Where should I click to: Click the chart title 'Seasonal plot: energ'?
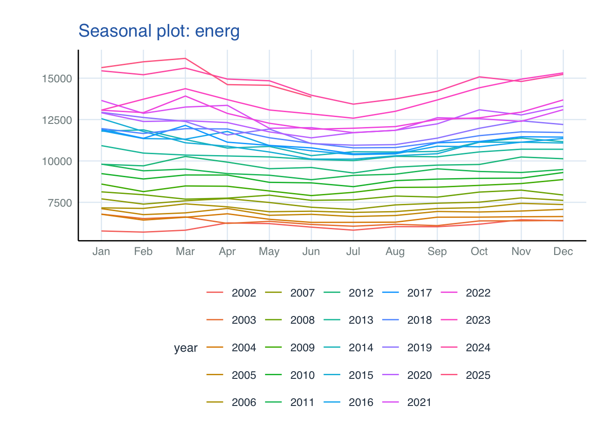pos(159,31)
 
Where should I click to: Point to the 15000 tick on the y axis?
pos(57,79)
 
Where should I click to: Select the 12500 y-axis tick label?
pos(57,120)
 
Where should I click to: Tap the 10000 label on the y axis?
pos(57,161)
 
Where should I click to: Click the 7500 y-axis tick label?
pos(60,203)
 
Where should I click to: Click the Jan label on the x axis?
pos(101,252)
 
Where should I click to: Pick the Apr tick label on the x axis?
pos(227,252)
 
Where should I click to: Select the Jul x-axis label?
pos(353,252)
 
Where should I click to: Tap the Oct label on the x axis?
pos(479,252)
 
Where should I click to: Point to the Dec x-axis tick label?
pos(563,252)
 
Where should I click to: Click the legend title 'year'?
pos(185,348)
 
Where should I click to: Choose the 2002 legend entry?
pos(244,293)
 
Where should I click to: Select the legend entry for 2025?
pos(478,375)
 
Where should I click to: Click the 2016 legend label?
pos(361,403)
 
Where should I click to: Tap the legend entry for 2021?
pos(419,403)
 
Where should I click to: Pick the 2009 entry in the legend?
pos(302,348)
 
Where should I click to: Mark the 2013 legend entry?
pos(361,321)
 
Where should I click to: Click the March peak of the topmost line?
pos(185,58)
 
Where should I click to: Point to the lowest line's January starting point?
pos(101,231)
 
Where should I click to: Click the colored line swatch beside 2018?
pos(390,321)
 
